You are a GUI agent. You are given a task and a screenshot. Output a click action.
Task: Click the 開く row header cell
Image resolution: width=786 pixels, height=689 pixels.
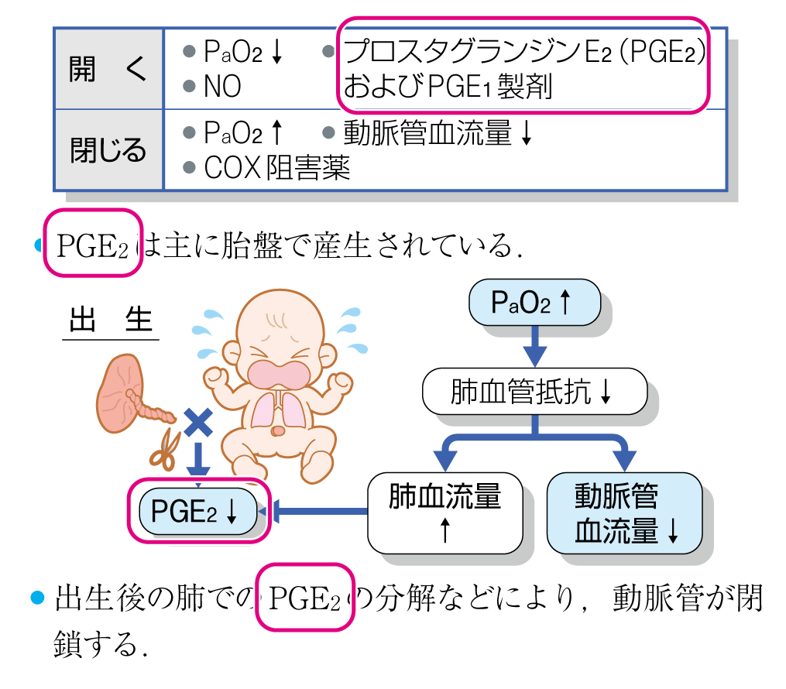coord(108,70)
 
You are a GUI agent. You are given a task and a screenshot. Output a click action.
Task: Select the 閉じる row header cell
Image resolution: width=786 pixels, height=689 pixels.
coord(108,149)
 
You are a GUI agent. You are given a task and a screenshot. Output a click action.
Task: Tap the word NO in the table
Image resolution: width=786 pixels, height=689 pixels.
coord(222,87)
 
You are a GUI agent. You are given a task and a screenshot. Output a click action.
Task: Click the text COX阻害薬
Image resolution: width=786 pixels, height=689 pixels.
coord(277,166)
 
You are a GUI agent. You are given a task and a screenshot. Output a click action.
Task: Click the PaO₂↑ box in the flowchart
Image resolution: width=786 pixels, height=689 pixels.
coord(534,302)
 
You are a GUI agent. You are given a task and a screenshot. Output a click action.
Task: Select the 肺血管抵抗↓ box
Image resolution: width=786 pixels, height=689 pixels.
coord(534,392)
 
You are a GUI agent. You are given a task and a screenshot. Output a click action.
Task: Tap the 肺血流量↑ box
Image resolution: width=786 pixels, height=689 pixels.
coord(444,512)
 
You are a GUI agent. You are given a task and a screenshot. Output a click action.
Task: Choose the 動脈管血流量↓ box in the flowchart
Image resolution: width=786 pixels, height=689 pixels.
coord(624,512)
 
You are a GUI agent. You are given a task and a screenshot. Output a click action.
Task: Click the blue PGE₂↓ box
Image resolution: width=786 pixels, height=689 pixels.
coord(197,511)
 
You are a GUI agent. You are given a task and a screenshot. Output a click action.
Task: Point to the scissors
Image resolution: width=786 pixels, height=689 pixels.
coord(165,449)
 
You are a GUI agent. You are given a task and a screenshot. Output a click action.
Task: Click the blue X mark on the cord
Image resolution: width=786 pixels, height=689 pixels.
coord(199,422)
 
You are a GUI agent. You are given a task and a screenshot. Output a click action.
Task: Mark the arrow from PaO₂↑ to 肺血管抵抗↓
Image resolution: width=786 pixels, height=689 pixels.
coord(534,344)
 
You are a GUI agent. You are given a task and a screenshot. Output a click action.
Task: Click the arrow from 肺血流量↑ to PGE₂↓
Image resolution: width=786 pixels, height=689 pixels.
coord(317,511)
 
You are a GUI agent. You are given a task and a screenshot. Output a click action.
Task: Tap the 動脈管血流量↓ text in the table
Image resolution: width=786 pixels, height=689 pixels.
coord(438,133)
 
